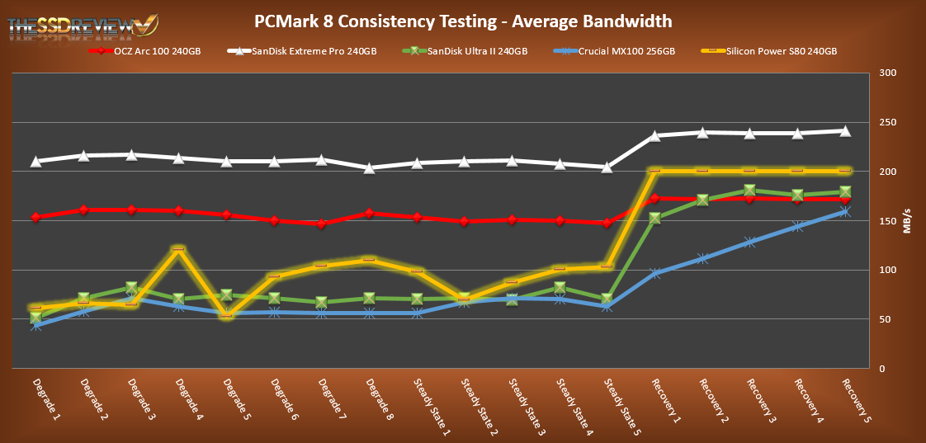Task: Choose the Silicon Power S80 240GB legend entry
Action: (780, 51)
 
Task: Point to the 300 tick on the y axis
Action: (887, 73)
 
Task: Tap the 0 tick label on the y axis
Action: (881, 369)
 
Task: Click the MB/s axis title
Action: (908, 220)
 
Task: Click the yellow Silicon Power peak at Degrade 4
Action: (179, 248)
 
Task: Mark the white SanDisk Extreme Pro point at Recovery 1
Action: (654, 135)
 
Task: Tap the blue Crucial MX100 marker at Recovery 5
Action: (845, 211)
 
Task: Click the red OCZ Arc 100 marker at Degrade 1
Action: (36, 217)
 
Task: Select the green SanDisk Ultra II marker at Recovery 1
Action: (654, 219)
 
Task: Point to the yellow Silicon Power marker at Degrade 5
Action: (227, 314)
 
